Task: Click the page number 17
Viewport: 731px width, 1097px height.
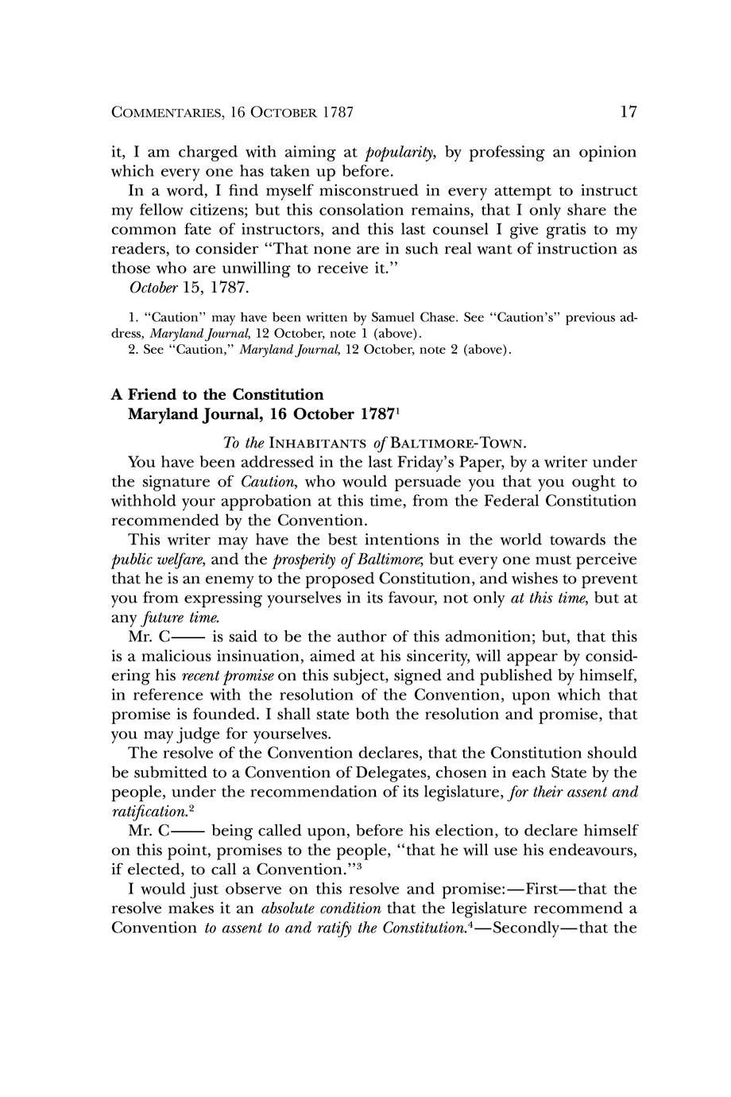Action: (628, 112)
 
